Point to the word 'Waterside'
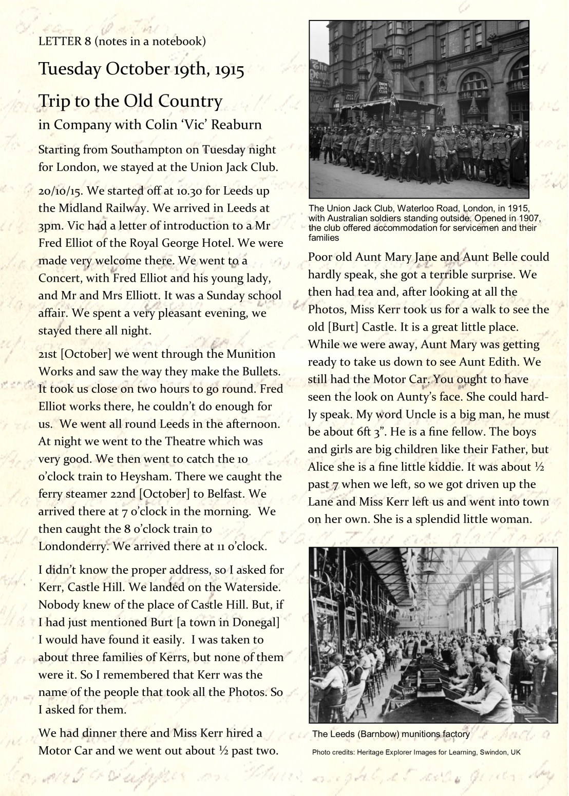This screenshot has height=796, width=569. [251, 587]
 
